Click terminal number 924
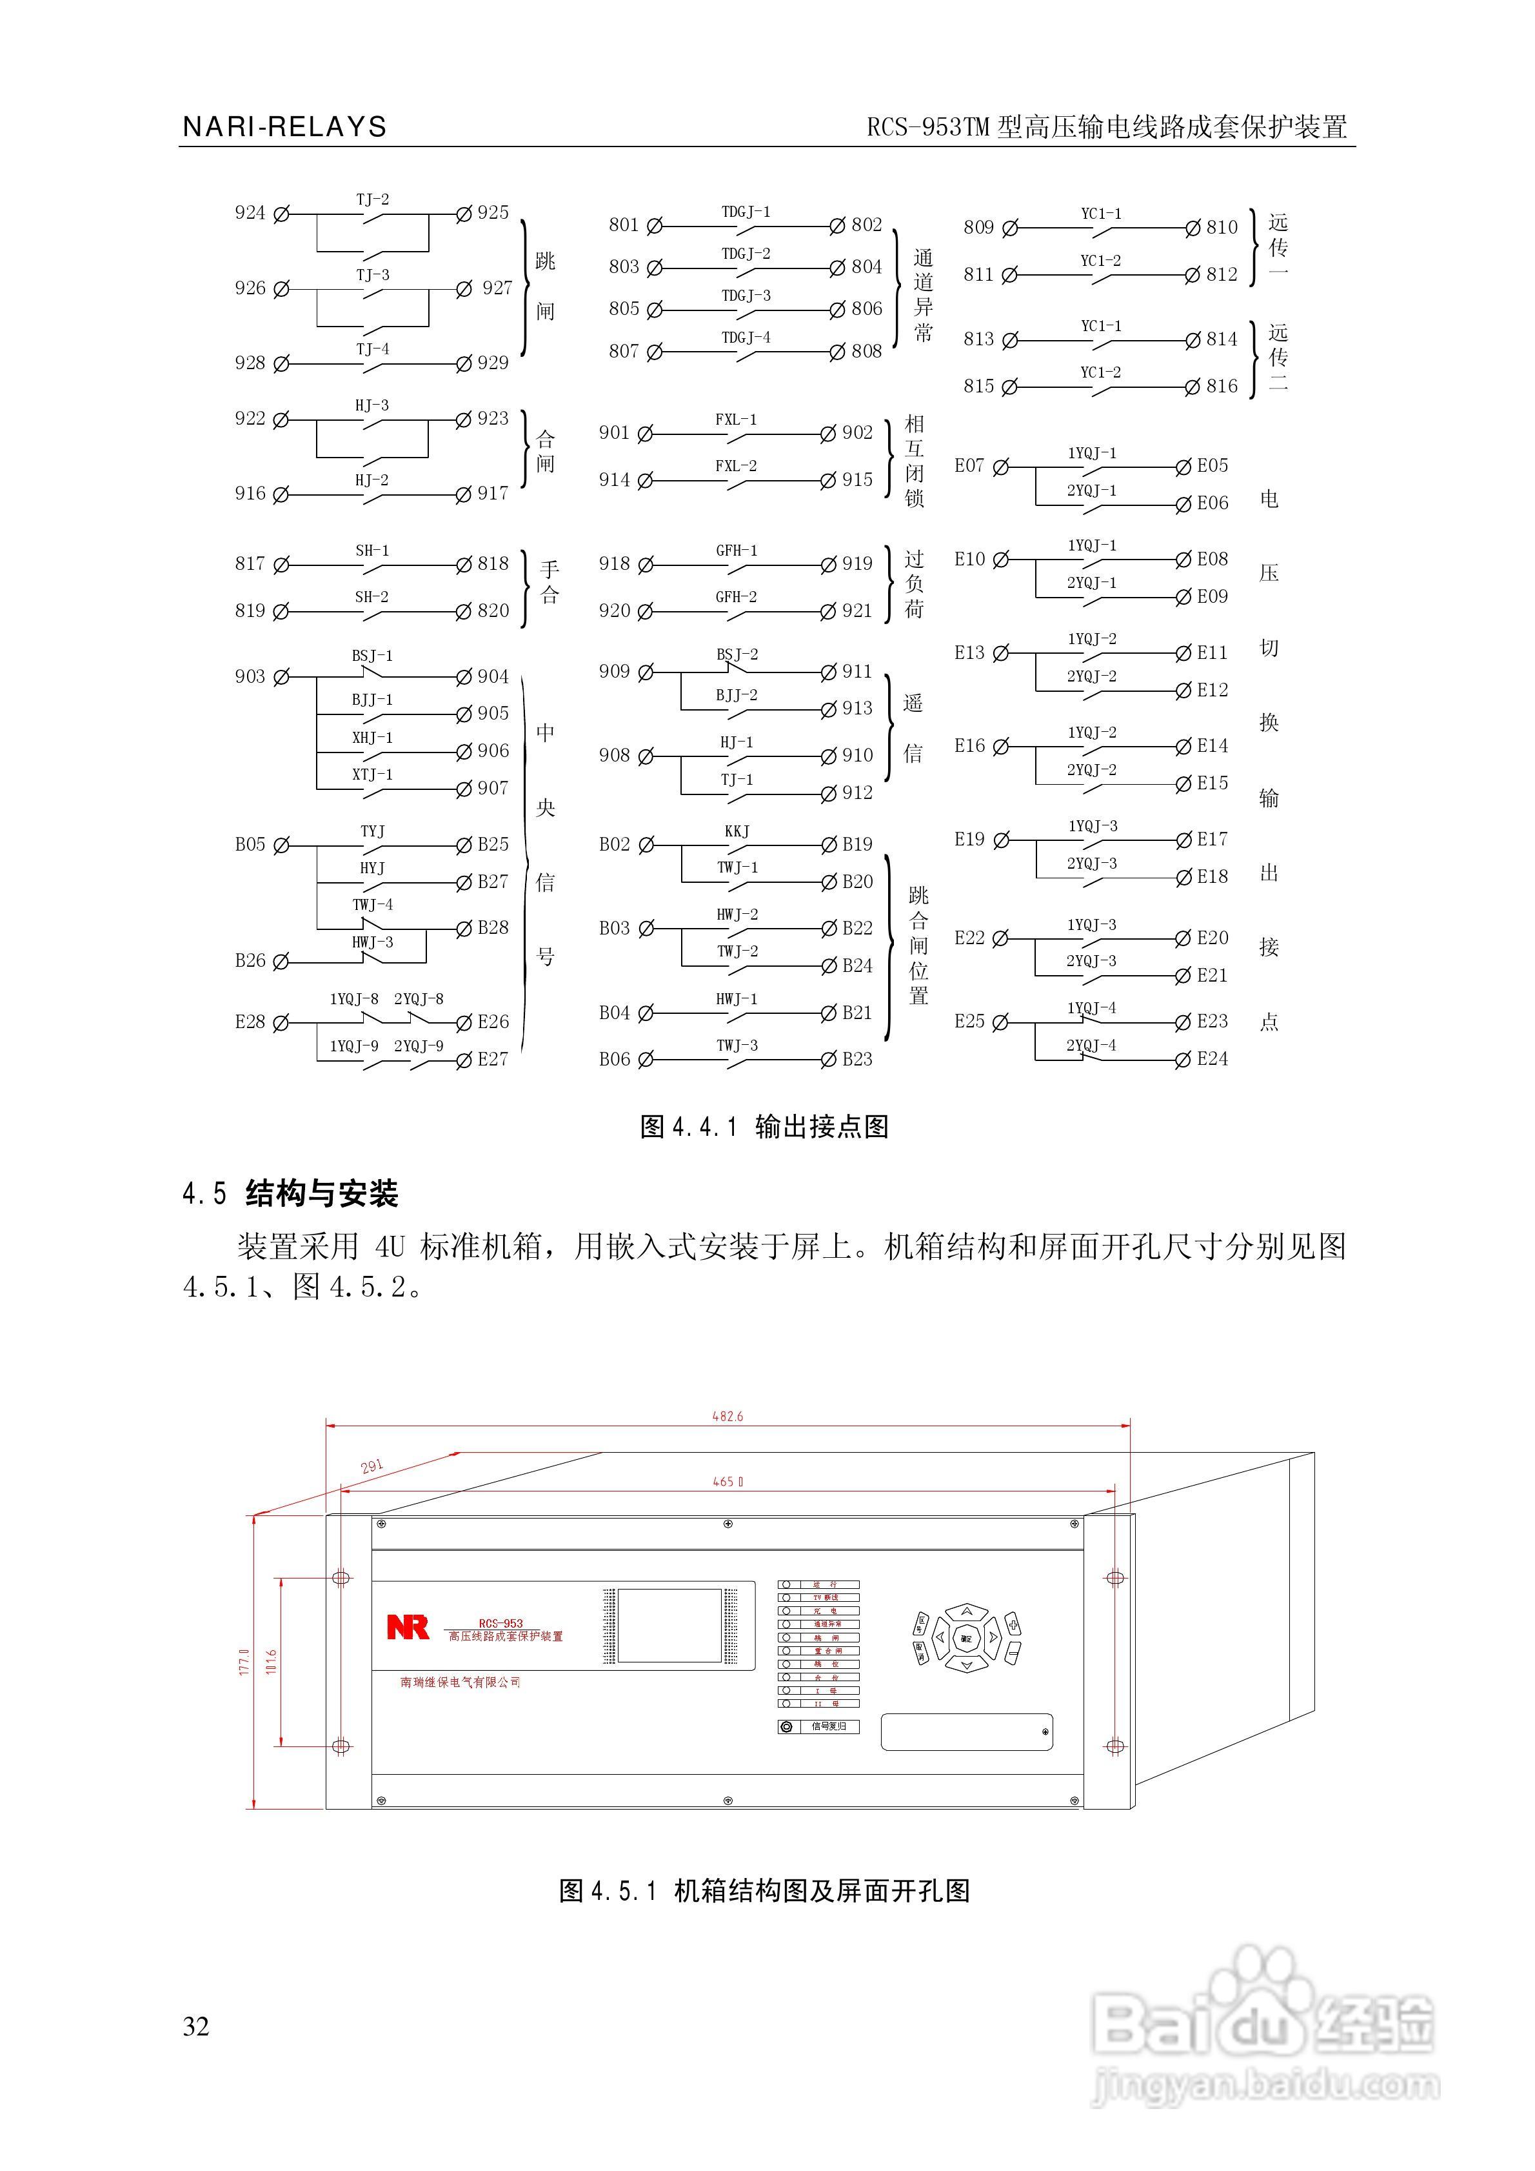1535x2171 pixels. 250,213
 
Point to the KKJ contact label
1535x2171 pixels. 737,831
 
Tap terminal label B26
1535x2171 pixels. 250,961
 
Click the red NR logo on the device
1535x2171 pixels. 408,1628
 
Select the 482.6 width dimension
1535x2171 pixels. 727,1417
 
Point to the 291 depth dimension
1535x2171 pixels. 372,1466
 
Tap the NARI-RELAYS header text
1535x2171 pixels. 284,126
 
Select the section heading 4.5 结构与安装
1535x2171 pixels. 290,1193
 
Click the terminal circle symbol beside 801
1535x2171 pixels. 654,226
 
